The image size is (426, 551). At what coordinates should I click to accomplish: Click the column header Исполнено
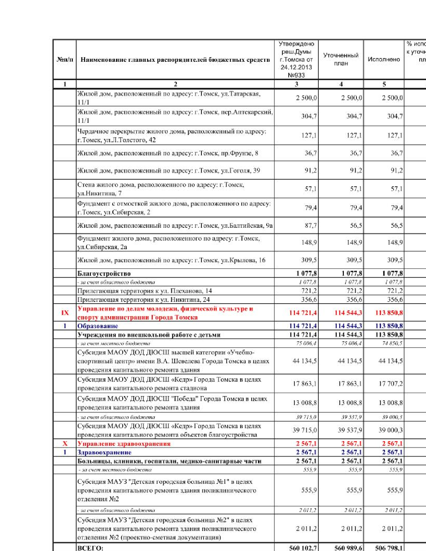click(384, 59)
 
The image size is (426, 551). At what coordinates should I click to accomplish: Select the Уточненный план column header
click(341, 59)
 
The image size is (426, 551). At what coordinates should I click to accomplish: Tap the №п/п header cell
click(65, 60)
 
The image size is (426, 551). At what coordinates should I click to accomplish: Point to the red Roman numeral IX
click(65, 313)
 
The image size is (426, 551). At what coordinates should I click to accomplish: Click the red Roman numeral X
click(65, 443)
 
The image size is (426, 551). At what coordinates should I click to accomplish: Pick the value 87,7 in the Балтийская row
click(310, 226)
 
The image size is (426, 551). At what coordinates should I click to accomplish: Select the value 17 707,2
click(390, 384)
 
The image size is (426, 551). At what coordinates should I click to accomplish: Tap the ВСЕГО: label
click(91, 548)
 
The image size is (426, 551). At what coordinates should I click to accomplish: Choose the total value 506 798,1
click(389, 548)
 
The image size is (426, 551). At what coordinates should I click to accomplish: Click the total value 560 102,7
click(303, 548)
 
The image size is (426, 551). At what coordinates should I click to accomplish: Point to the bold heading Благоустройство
click(104, 273)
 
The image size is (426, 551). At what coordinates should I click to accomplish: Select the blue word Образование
click(98, 326)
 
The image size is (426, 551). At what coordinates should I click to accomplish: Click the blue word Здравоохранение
click(104, 452)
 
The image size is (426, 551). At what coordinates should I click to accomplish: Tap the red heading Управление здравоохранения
click(124, 443)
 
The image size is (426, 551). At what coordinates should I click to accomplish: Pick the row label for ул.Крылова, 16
click(171, 260)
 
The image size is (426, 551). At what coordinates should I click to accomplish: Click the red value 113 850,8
click(389, 313)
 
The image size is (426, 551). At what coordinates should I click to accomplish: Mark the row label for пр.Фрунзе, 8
click(168, 153)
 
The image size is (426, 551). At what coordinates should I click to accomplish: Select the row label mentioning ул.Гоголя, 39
click(169, 171)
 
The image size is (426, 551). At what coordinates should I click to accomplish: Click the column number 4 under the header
click(341, 84)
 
